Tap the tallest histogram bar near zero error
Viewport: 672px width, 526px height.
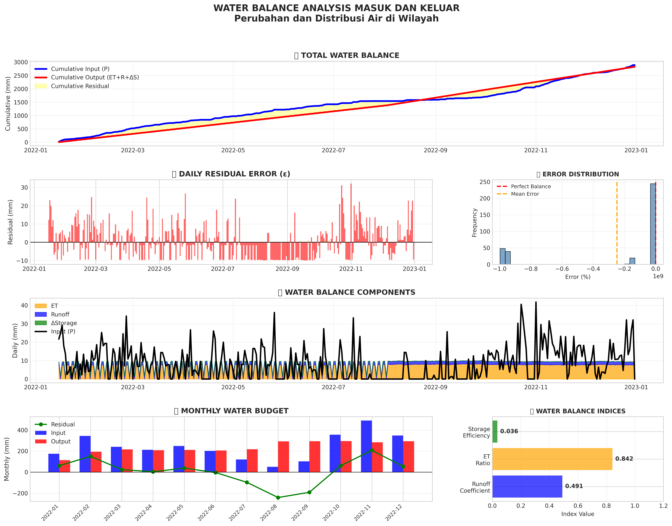[653, 224]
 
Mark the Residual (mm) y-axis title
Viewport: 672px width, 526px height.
[10, 222]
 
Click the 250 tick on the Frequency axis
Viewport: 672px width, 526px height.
[485, 182]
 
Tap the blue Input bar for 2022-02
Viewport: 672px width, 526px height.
[85, 454]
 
